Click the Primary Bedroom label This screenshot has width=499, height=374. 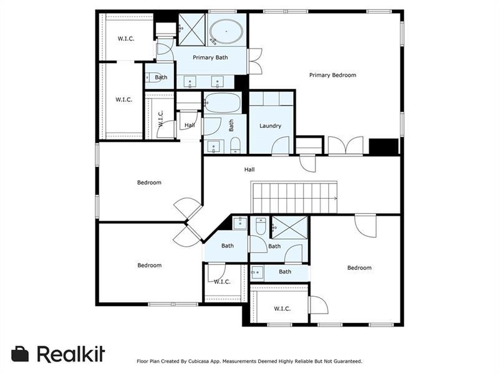click(332, 75)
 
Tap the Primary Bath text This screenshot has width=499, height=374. click(210, 57)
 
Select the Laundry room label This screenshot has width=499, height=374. click(270, 126)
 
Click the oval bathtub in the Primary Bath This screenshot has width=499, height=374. click(226, 32)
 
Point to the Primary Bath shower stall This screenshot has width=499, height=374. click(191, 30)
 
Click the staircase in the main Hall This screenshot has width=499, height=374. click(294, 197)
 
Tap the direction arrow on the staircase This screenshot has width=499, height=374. click(334, 198)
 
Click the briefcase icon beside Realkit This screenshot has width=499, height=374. click(20, 354)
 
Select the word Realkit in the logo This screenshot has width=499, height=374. click(71, 353)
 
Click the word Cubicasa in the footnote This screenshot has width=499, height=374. click(198, 362)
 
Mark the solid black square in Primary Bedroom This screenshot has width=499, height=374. click(384, 147)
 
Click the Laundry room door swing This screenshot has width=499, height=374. click(280, 146)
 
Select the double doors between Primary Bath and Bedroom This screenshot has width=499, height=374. click(255, 61)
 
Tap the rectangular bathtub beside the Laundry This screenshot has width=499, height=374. click(223, 102)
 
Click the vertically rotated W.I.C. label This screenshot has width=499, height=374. click(160, 118)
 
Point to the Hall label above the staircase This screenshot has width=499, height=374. click(249, 170)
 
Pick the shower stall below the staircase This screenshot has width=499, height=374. click(289, 227)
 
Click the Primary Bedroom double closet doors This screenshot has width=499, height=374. click(346, 146)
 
